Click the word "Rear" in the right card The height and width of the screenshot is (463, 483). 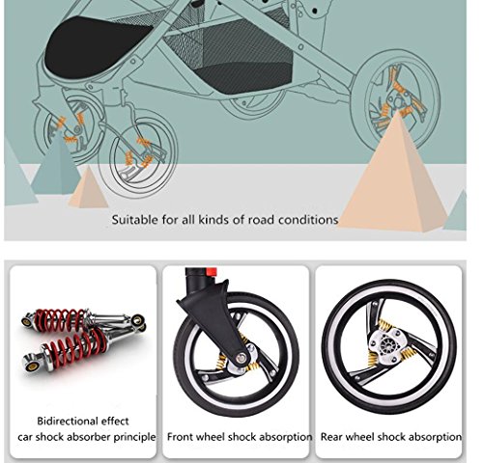click(x=331, y=437)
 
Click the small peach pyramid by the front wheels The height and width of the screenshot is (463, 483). click(x=88, y=188)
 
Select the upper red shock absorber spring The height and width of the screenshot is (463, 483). click(x=61, y=320)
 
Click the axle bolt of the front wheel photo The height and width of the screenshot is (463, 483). click(x=241, y=358)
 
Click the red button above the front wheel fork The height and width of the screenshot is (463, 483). click(x=211, y=272)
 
